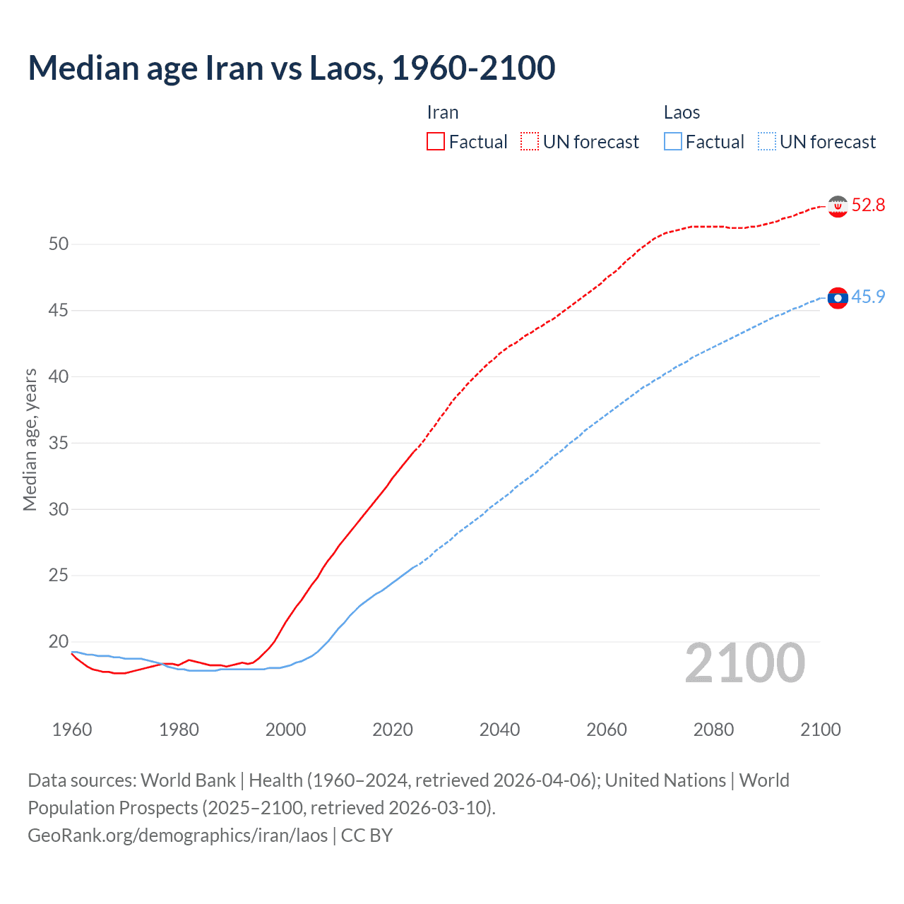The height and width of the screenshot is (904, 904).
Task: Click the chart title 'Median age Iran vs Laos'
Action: [x=291, y=68]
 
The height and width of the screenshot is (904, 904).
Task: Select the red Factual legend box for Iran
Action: [x=436, y=141]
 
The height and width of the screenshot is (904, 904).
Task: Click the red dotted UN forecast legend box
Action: [x=530, y=141]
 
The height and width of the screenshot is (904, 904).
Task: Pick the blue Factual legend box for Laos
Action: [x=673, y=141]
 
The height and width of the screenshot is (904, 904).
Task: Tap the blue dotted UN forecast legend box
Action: [x=767, y=141]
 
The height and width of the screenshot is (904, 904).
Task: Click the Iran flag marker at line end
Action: [x=838, y=206]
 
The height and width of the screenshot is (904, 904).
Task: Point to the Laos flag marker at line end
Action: [x=838, y=298]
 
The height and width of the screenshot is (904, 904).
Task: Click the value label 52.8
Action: [x=868, y=205]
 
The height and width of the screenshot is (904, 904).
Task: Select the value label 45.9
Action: [x=868, y=297]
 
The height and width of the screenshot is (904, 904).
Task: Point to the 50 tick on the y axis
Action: [x=59, y=244]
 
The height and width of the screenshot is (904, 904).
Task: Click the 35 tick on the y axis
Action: [x=59, y=444]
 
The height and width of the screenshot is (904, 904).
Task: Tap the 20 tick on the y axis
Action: [x=59, y=642]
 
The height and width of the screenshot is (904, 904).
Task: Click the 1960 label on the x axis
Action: [x=72, y=730]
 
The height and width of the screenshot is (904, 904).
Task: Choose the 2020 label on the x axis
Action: [x=393, y=730]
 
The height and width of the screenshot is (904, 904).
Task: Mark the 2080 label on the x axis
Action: [x=713, y=730]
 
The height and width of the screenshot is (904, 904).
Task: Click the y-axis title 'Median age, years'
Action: [x=30, y=439]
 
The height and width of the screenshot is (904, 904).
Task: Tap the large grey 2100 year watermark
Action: [x=744, y=663]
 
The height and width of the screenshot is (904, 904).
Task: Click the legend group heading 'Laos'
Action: [x=682, y=112]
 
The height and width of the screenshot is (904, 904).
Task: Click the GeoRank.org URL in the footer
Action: [x=177, y=835]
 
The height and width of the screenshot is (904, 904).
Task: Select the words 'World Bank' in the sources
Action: [x=188, y=780]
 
